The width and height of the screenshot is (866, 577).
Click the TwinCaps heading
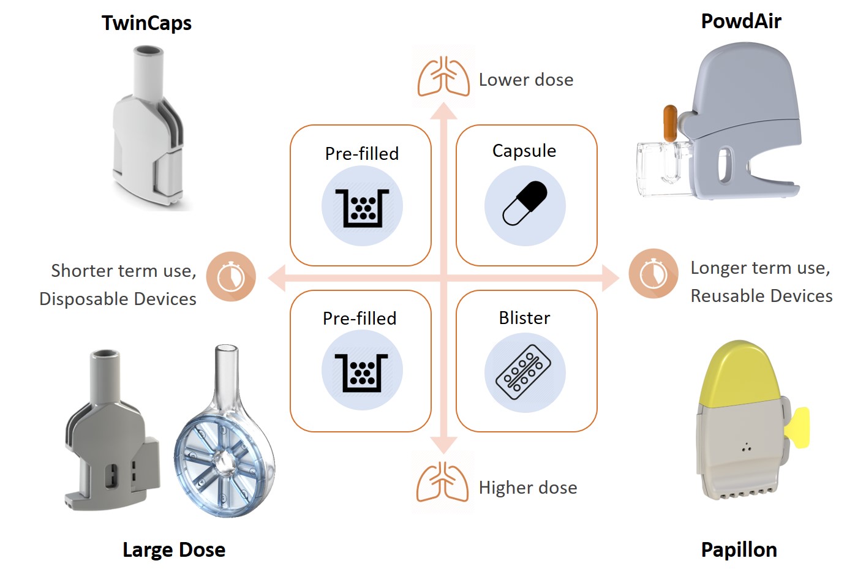(146, 23)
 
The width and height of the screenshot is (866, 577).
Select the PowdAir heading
(741, 21)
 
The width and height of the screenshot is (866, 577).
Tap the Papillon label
(739, 549)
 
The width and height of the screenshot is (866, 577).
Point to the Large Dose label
(174, 549)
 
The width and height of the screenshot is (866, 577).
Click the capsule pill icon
(525, 204)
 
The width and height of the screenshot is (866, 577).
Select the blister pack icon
(524, 372)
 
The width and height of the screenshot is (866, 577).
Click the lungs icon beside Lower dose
(443, 77)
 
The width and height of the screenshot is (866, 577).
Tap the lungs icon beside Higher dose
(442, 483)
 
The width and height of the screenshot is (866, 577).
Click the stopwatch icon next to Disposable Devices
(231, 277)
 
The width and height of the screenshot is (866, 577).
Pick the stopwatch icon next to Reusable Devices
(653, 274)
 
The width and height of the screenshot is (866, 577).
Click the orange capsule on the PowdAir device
(670, 123)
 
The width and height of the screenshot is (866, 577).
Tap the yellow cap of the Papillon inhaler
(740, 374)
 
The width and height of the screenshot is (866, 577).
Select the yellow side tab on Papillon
(800, 427)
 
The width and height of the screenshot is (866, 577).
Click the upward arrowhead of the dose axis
(443, 111)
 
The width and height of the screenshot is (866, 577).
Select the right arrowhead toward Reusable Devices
(610, 277)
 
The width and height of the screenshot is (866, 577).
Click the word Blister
(524, 318)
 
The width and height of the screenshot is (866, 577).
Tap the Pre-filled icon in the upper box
(362, 206)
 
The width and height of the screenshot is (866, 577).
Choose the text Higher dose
(528, 488)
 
